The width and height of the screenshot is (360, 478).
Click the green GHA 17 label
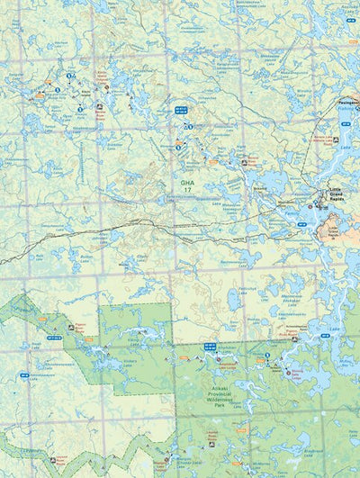[186, 185]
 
